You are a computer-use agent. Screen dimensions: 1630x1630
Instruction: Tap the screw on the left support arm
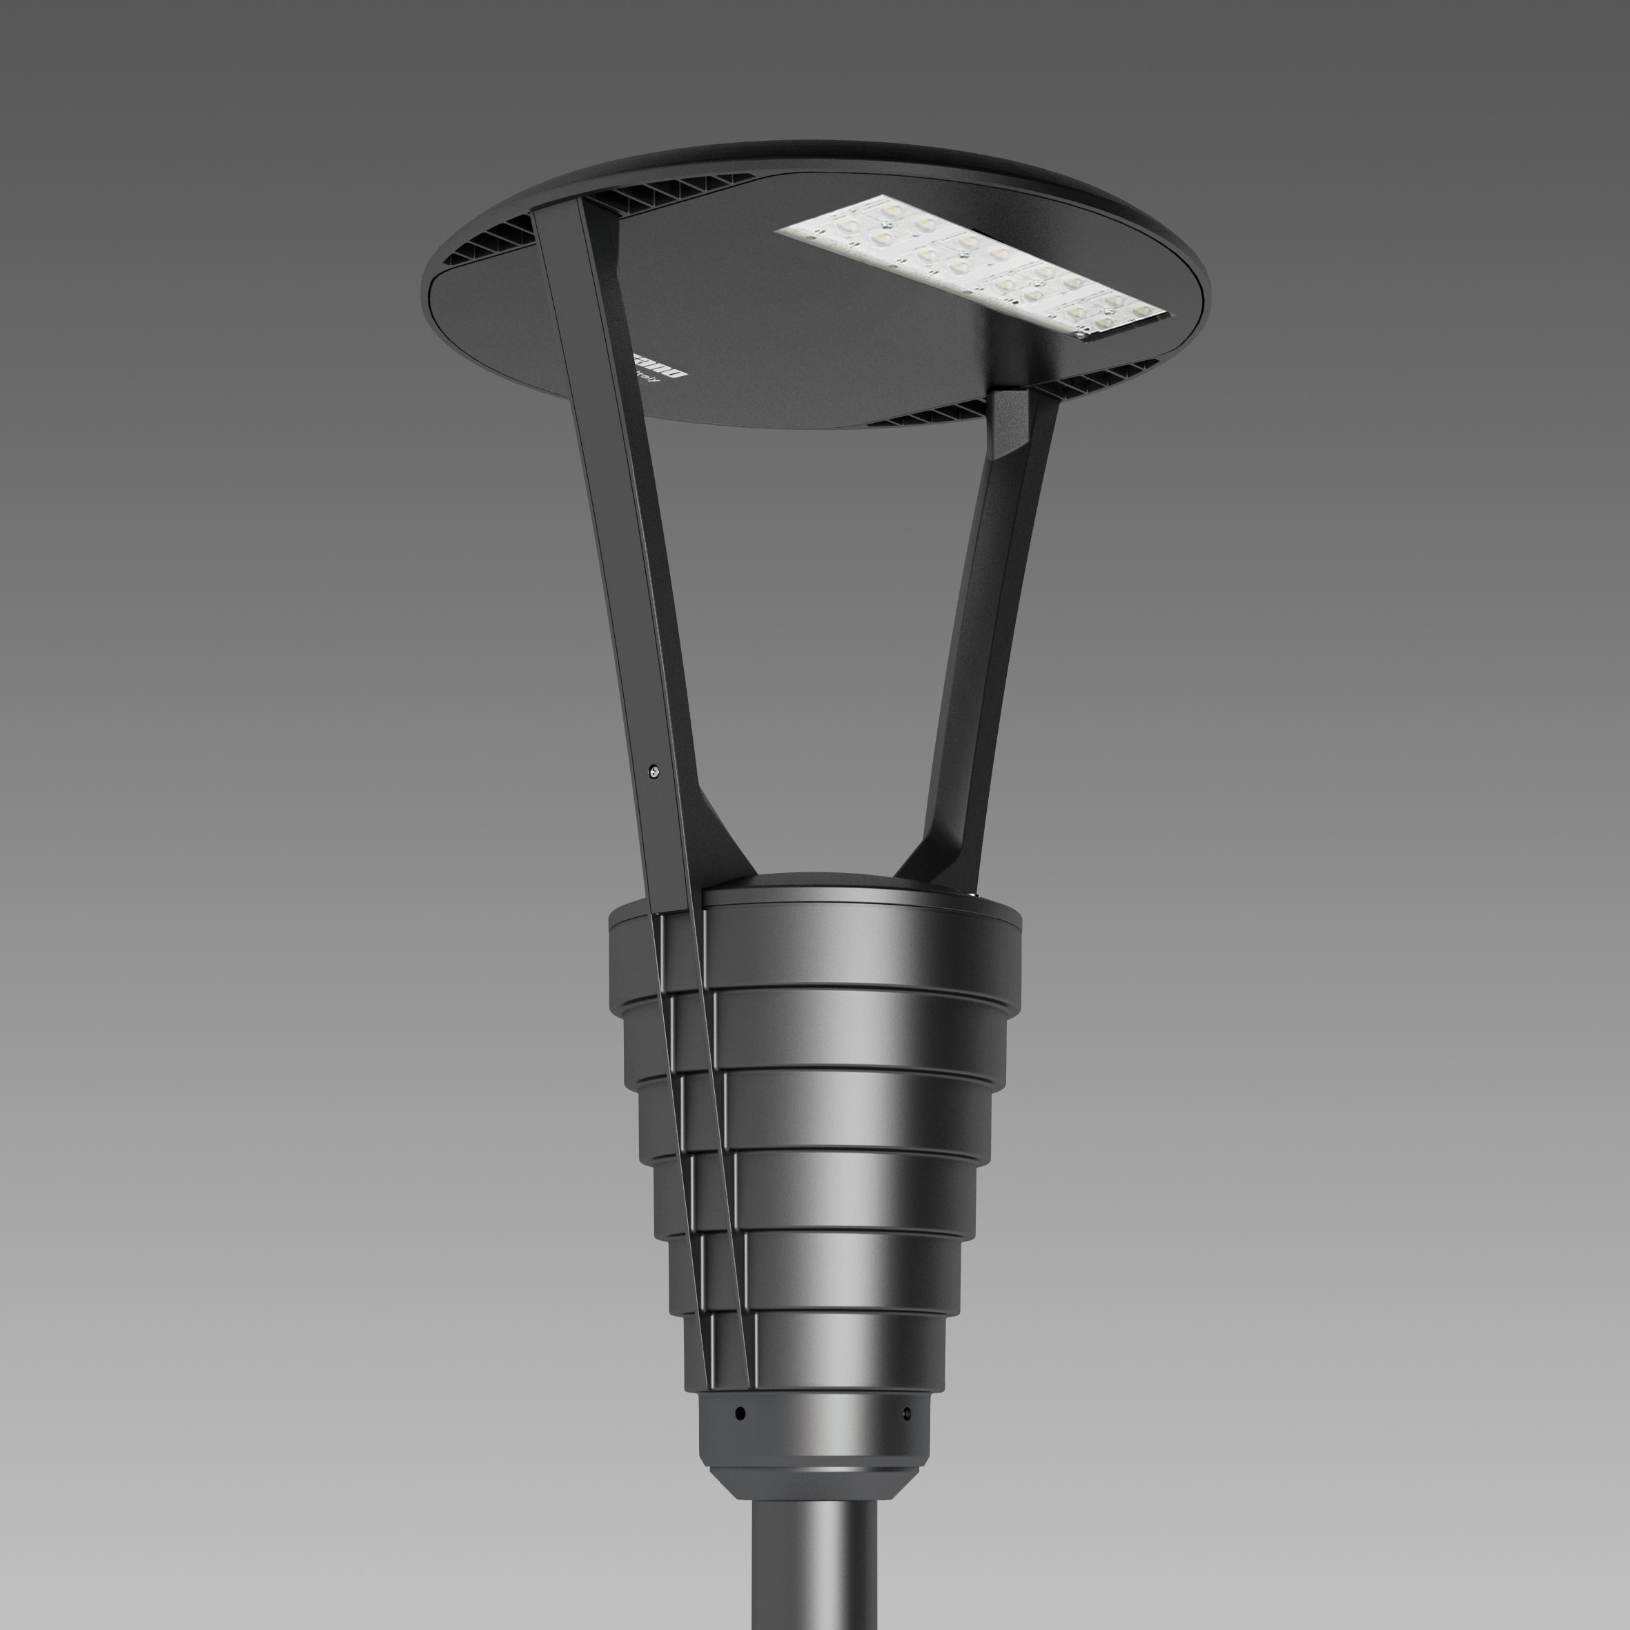[x=654, y=769]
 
